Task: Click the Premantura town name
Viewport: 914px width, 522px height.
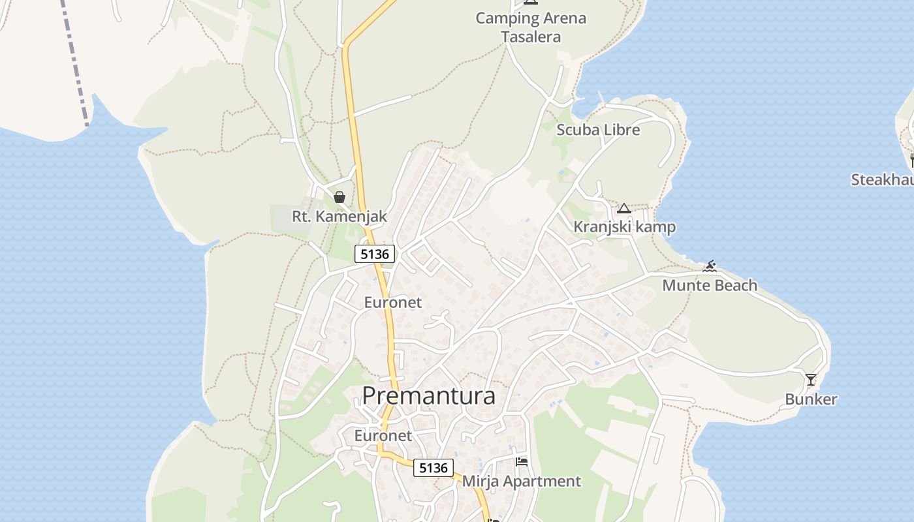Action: click(x=428, y=396)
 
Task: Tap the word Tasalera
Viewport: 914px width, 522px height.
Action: click(x=531, y=37)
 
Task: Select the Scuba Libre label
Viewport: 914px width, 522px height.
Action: click(x=598, y=130)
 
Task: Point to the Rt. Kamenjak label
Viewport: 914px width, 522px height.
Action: click(x=339, y=216)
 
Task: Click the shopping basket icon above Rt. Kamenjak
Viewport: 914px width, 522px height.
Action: click(x=339, y=197)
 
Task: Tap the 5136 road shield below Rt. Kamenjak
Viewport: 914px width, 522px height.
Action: click(x=375, y=254)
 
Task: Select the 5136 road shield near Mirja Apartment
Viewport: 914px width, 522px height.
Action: click(x=434, y=467)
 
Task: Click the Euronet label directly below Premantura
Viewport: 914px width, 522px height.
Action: click(x=383, y=435)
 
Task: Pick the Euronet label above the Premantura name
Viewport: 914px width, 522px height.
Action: click(x=393, y=302)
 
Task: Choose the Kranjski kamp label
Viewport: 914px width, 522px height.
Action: click(x=624, y=227)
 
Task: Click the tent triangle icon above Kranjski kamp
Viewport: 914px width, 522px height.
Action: click(x=623, y=209)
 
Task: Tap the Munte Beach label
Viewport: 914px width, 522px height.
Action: click(x=710, y=285)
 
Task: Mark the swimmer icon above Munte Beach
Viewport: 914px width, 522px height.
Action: click(x=710, y=266)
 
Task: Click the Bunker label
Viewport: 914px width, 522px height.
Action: click(x=811, y=399)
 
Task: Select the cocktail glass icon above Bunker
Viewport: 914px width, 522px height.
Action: click(x=811, y=379)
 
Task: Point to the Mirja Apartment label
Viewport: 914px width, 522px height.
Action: click(x=522, y=482)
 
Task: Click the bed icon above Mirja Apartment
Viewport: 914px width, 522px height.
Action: click(x=522, y=462)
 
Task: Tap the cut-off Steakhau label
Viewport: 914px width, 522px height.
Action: click(x=882, y=179)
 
